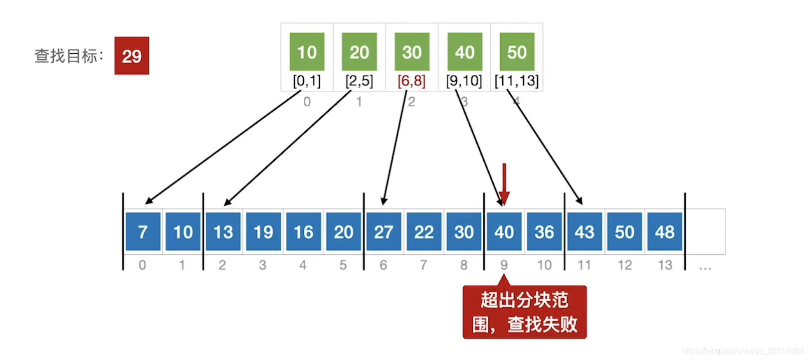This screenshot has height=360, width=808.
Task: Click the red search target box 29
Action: pyautogui.click(x=132, y=56)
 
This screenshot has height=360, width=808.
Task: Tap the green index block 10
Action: pyautogui.click(x=307, y=52)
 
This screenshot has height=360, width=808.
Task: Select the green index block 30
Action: pyautogui.click(x=412, y=52)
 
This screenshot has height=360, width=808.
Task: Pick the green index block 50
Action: pyautogui.click(x=517, y=52)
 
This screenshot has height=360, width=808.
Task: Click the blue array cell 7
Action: pyautogui.click(x=143, y=231)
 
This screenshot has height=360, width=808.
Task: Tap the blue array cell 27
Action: pyautogui.click(x=384, y=231)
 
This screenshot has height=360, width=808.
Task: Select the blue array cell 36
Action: pyautogui.click(x=544, y=231)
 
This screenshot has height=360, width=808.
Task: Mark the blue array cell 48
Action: pyautogui.click(x=664, y=231)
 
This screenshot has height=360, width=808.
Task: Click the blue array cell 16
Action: pyautogui.click(x=303, y=231)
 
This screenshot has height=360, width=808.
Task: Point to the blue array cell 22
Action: pyautogui.click(x=424, y=231)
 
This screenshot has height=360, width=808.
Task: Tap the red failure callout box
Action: pyautogui.click(x=524, y=313)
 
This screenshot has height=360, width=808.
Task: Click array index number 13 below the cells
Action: pyautogui.click(x=665, y=265)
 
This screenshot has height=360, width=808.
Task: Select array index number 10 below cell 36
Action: pyautogui.click(x=544, y=265)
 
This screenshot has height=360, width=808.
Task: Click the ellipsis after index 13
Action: pyautogui.click(x=705, y=268)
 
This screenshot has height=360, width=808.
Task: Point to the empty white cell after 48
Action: pyautogui.click(x=705, y=231)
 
